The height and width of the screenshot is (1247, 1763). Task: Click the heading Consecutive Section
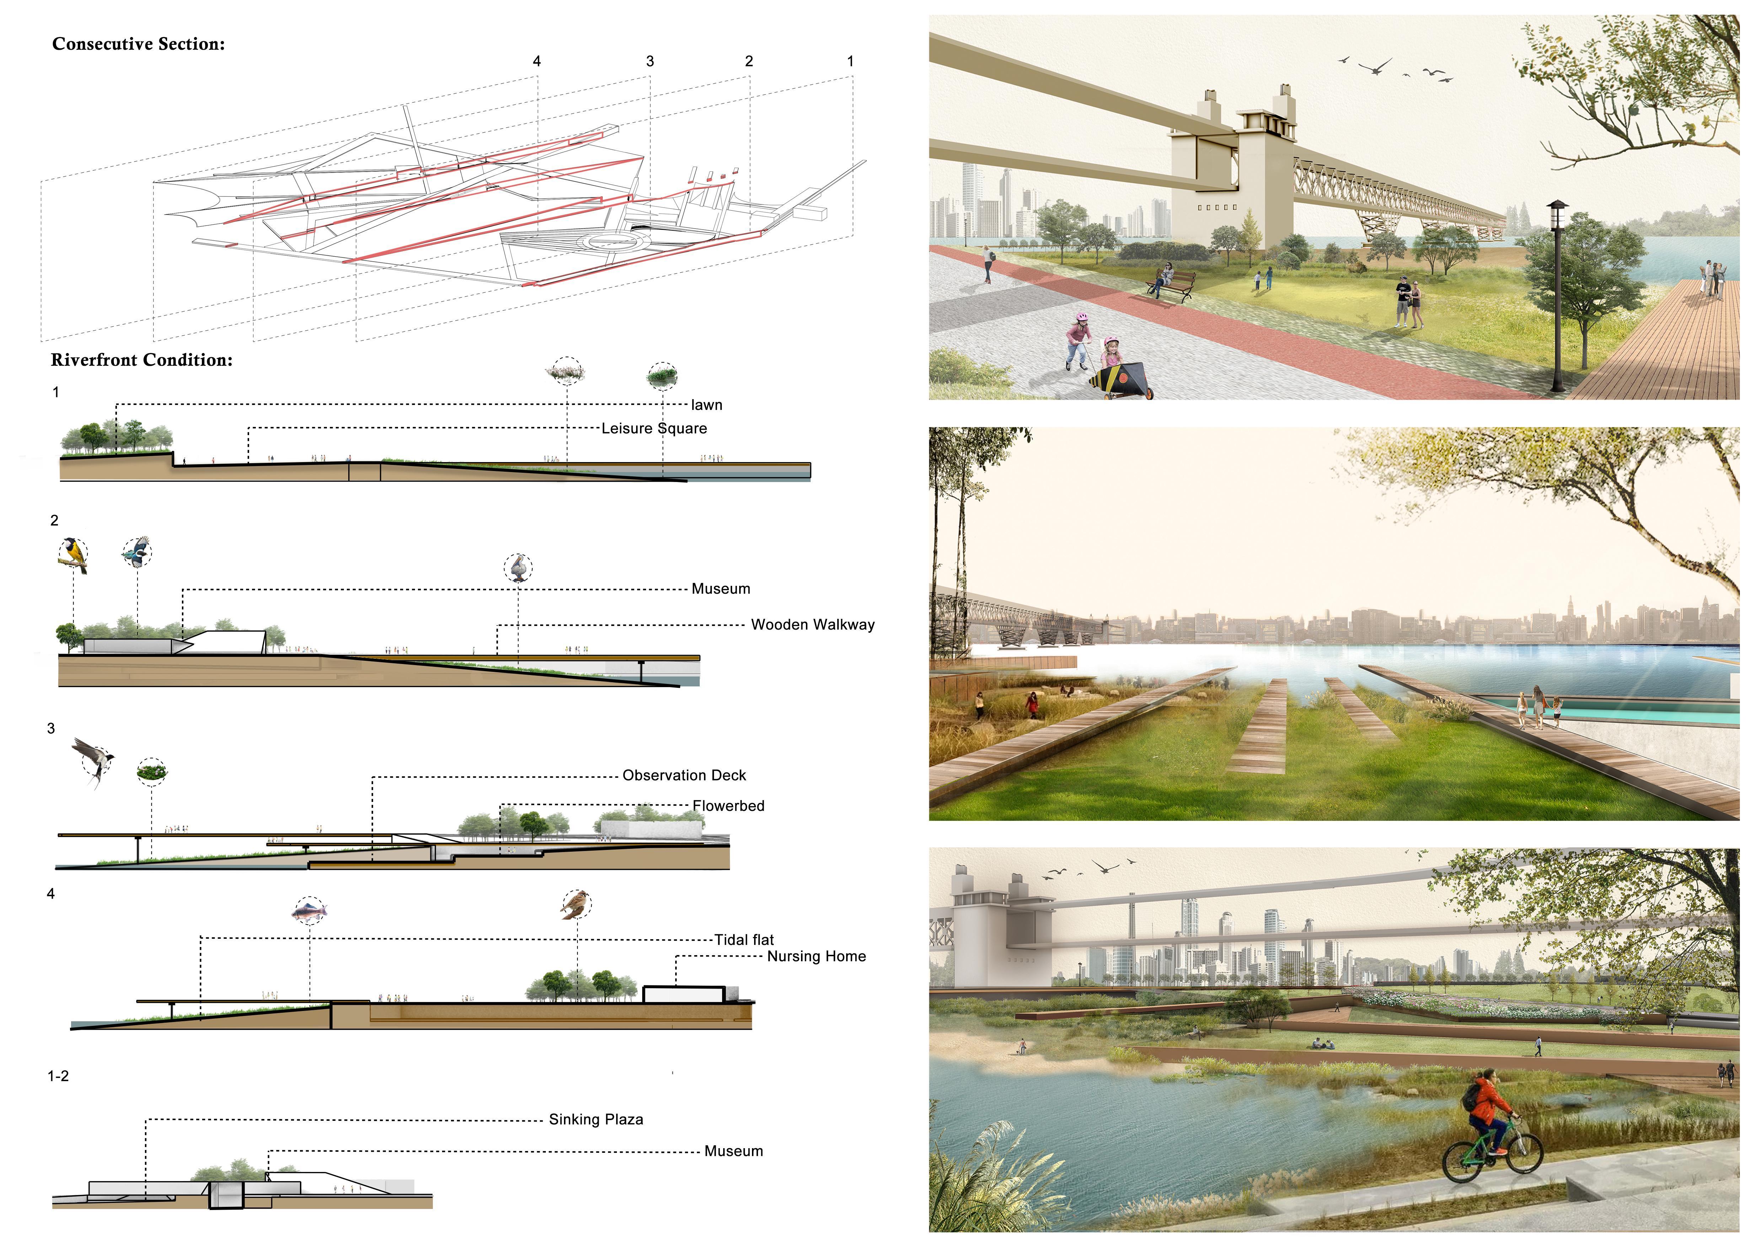coord(138,44)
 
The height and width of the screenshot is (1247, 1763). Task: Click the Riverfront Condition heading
coord(141,360)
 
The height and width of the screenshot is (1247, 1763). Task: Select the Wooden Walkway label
coord(812,625)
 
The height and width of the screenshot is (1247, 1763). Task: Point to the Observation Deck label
coord(683,776)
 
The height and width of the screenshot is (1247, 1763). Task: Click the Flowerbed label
coord(728,806)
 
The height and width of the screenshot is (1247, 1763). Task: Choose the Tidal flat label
coord(743,940)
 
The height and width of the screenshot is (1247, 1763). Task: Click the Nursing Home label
coord(816,957)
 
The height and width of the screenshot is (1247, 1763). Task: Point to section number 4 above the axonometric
coord(537,61)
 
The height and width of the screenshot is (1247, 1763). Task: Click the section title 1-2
coord(58,1076)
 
